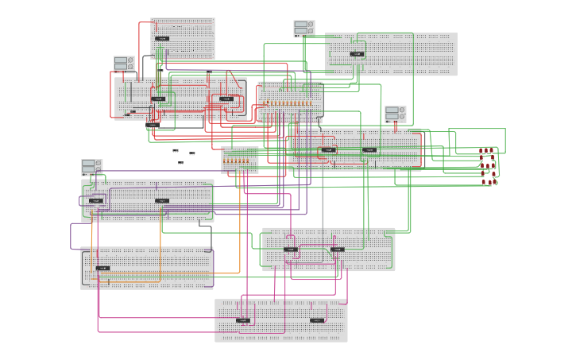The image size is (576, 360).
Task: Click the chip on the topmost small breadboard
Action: coord(162,38)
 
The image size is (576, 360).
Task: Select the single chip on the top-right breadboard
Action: coord(357,54)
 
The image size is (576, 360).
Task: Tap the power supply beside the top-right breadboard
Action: coord(303,29)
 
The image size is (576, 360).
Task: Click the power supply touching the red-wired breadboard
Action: coord(123,64)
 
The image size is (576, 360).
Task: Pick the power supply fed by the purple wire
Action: coord(91,168)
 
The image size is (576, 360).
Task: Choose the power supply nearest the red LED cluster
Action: coord(396,114)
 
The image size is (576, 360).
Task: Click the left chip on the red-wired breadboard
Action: coord(158,99)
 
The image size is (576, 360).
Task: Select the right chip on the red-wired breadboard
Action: coord(226,99)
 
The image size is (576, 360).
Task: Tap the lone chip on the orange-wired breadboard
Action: coord(102,268)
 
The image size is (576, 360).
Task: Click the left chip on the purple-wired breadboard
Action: coord(95,200)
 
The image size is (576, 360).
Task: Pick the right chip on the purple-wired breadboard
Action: coord(162,200)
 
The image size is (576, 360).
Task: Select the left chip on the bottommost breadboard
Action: coord(243,320)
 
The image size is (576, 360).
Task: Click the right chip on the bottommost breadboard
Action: coord(317,320)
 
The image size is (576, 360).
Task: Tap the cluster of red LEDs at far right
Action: coord(488,165)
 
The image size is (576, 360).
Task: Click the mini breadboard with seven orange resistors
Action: coord(240,160)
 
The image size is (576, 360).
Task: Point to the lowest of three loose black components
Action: coord(181,163)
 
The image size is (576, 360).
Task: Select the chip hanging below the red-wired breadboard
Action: coord(153,126)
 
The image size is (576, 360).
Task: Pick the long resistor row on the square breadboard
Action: coord(289,103)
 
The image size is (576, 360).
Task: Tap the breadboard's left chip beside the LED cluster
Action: coord(328,149)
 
